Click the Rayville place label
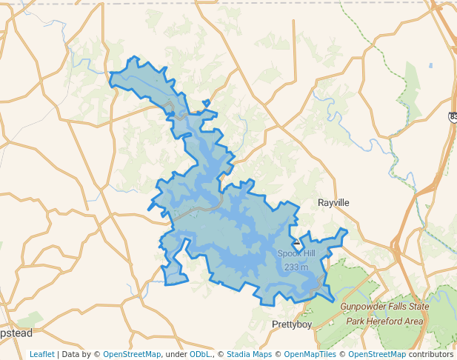tap(333, 202)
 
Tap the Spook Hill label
tap(296, 253)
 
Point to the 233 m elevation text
tap(296, 267)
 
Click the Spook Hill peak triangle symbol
tap(296, 241)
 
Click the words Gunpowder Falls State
tap(384, 306)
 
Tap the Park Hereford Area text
tap(384, 321)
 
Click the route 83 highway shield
tap(452, 116)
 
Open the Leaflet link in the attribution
tap(41, 354)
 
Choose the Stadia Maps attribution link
tap(250, 354)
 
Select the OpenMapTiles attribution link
tap(310, 354)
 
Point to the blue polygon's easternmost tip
tap(347, 230)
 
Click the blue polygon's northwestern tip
tap(111, 73)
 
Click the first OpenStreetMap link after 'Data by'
tap(131, 354)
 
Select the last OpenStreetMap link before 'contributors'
tap(377, 354)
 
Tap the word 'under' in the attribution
tap(175, 354)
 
